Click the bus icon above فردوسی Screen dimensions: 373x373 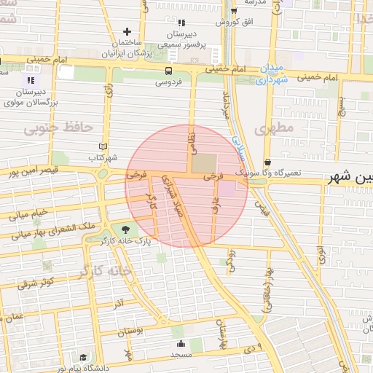[x=169, y=71]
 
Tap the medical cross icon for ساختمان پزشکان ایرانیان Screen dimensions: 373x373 [x=127, y=31]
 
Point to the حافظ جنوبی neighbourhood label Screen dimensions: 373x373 [x=58, y=128]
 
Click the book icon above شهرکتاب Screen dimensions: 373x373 [x=103, y=146]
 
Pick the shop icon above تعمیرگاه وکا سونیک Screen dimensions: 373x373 [x=268, y=162]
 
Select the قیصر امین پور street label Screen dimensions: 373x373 [x=22, y=173]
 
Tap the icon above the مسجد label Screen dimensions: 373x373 [x=180, y=343]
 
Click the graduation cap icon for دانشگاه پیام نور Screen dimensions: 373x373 [x=83, y=358]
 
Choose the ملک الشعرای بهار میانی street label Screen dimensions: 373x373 [x=48, y=232]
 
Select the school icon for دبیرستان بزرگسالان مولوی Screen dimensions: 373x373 [x=30, y=79]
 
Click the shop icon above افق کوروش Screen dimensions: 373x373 [x=233, y=11]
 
